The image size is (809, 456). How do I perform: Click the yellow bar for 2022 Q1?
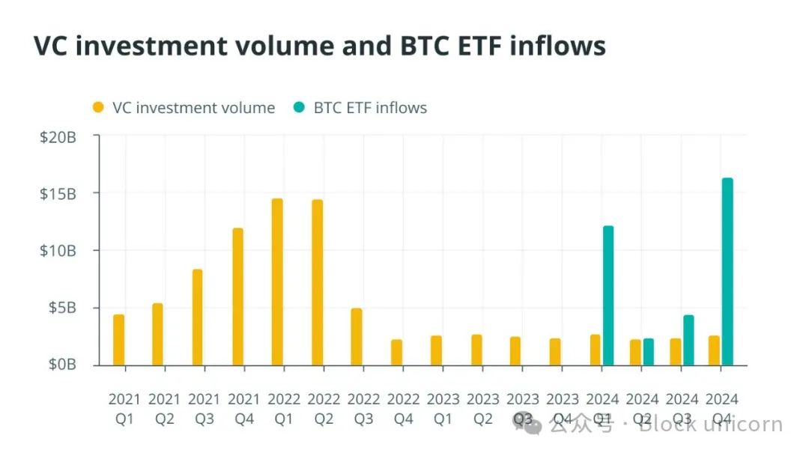point(277,282)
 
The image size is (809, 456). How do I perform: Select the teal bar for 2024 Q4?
point(727,271)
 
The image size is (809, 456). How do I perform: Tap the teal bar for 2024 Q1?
point(608,295)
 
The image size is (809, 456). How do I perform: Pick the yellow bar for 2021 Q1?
point(119,340)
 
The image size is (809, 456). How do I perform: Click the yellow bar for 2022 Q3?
point(357,336)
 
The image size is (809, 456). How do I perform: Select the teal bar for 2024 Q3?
point(688,340)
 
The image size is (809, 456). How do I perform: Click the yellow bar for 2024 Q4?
point(715,350)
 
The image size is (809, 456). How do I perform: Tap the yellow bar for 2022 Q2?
point(318,282)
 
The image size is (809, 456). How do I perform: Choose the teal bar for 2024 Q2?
point(649,352)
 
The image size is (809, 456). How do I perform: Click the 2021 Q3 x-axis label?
point(204,409)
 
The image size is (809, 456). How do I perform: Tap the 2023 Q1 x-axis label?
point(443,409)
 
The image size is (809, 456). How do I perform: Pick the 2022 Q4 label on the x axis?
point(403,409)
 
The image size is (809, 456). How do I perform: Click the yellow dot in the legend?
point(98,108)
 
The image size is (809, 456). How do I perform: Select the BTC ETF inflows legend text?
point(370,108)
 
